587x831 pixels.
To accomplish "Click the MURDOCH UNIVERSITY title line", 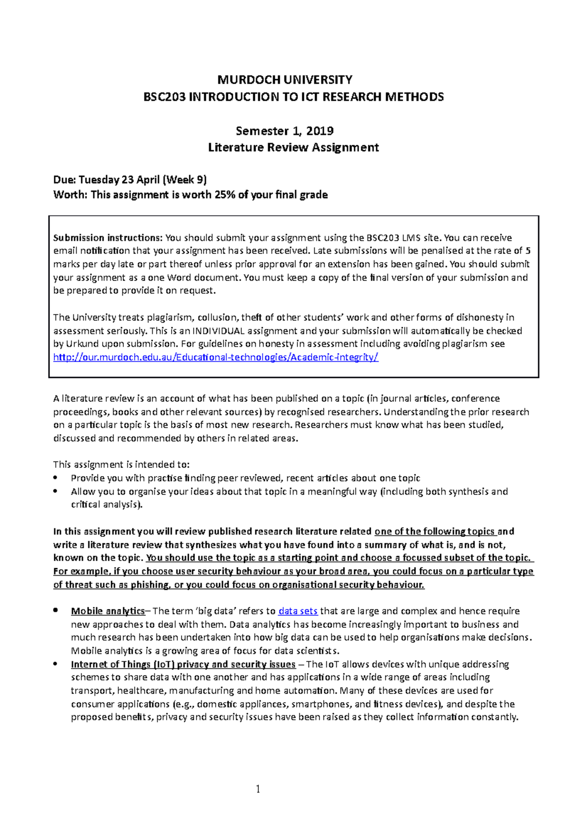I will click(x=285, y=80).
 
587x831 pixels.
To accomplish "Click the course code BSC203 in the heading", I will click(x=164, y=97).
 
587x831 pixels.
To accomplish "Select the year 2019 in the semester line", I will click(x=320, y=131).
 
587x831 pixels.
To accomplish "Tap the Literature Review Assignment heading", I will click(x=293, y=147).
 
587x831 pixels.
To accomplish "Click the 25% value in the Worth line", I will click(x=225, y=195).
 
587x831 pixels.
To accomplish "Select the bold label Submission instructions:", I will click(x=108, y=238).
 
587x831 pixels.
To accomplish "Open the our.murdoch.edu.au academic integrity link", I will click(x=216, y=357).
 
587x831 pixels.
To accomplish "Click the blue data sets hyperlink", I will click(x=298, y=611).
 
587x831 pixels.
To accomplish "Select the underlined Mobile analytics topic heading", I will click(x=108, y=611).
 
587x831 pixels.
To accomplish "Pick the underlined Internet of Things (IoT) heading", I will click(x=183, y=665).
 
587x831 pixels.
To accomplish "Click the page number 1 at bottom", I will click(x=258, y=788).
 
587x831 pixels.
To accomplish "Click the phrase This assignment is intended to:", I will click(x=121, y=464).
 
